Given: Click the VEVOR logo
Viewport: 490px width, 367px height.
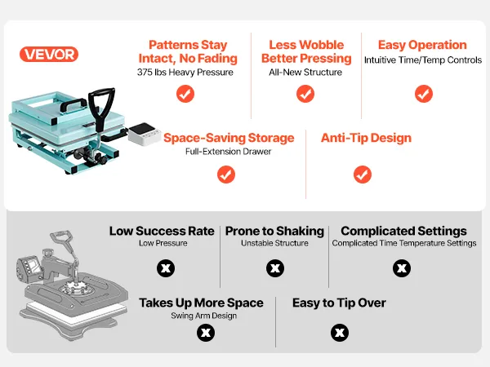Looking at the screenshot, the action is [x=49, y=55].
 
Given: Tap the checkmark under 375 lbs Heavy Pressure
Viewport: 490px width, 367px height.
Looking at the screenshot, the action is [x=185, y=94].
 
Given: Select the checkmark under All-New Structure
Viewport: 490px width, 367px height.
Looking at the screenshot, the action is [x=305, y=94].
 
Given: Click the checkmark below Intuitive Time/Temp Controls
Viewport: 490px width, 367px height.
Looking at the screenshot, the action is [x=424, y=94].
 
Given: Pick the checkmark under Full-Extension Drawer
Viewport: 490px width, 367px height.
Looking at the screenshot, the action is [x=226, y=175].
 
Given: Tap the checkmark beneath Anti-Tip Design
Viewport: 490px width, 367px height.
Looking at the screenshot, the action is [x=363, y=175].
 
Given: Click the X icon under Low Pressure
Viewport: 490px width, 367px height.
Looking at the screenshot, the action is [x=166, y=268].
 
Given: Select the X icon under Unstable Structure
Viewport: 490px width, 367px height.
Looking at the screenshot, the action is [x=275, y=268].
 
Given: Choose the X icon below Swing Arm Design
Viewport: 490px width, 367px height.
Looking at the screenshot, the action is [x=206, y=333].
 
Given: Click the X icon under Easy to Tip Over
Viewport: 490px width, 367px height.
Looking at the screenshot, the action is [x=340, y=333].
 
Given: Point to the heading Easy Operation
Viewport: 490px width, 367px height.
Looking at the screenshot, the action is [x=422, y=45].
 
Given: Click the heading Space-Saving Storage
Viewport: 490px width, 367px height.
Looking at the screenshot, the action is [x=229, y=138].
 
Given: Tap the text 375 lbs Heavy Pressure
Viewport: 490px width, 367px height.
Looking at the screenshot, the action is [x=185, y=73].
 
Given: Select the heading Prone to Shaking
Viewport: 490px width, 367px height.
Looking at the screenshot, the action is [x=274, y=232].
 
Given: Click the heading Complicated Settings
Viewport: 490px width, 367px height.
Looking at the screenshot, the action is [x=403, y=232].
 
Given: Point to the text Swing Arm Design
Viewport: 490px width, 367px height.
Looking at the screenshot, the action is [x=203, y=316].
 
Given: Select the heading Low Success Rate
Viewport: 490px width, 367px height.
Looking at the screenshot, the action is [x=162, y=232].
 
